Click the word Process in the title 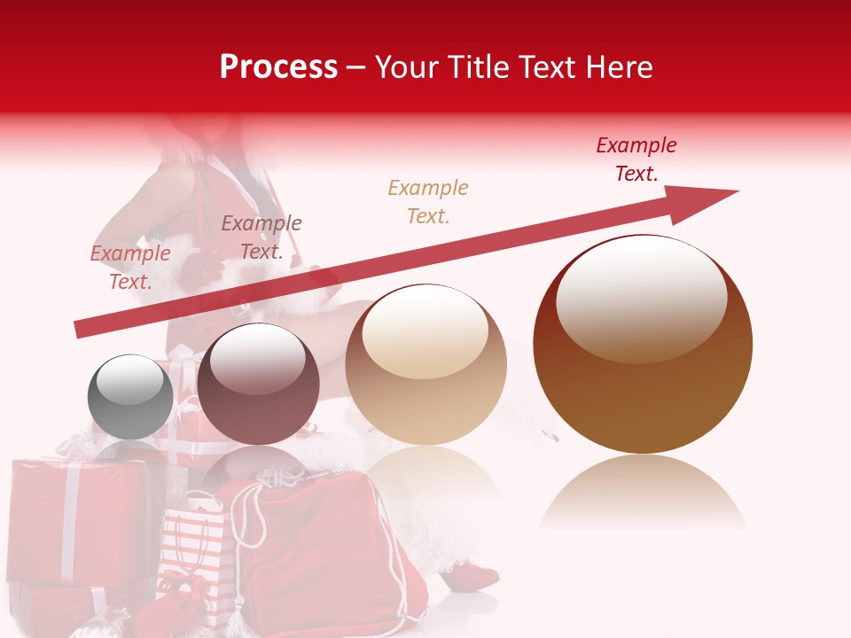[x=278, y=66]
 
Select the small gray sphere [x=130, y=397]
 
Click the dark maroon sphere [x=258, y=385]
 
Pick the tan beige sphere [x=425, y=365]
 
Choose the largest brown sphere [x=643, y=345]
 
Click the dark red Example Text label [x=636, y=159]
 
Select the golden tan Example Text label [x=427, y=201]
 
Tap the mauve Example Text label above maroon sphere [x=261, y=237]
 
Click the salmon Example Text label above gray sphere [x=129, y=268]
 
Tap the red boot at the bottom [x=475, y=576]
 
